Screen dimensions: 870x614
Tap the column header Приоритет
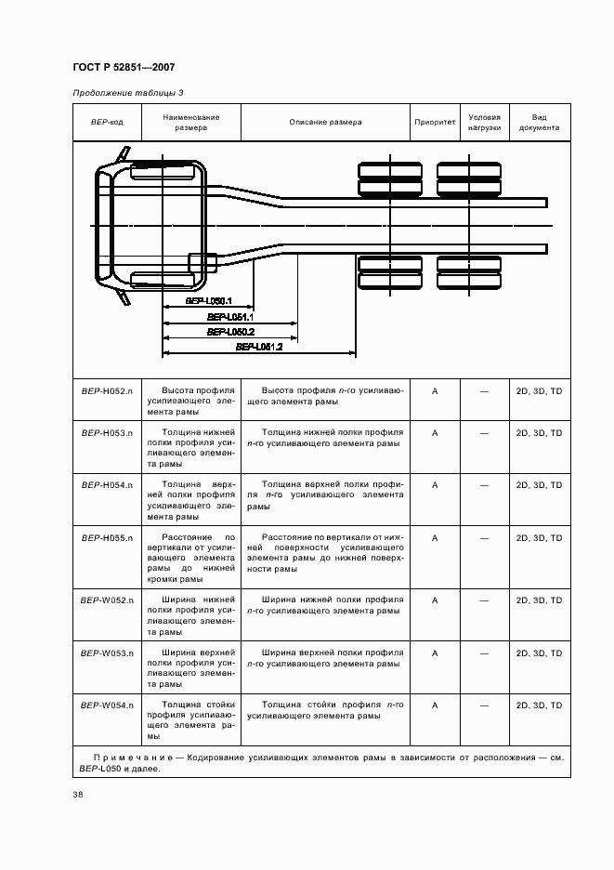tap(435, 122)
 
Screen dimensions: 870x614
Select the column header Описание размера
tap(325, 122)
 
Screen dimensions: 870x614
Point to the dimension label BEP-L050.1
tap(208, 301)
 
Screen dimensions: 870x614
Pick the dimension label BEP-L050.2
tap(231, 332)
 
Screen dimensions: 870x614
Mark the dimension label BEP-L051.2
tap(259, 347)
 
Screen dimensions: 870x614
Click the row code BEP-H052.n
tap(107, 391)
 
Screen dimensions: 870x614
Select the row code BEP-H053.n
tap(107, 433)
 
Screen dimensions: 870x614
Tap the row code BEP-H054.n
tap(107, 485)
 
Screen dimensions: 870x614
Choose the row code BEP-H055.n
tap(107, 537)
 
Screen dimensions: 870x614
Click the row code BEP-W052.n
tap(107, 600)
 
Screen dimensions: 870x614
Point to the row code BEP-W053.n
tap(107, 652)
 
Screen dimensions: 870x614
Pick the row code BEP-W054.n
tap(107, 705)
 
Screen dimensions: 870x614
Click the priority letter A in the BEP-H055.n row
tap(435, 537)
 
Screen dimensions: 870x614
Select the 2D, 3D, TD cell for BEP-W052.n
tap(539, 600)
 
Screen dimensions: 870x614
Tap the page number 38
tap(78, 795)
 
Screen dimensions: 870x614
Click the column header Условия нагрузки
tap(484, 122)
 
